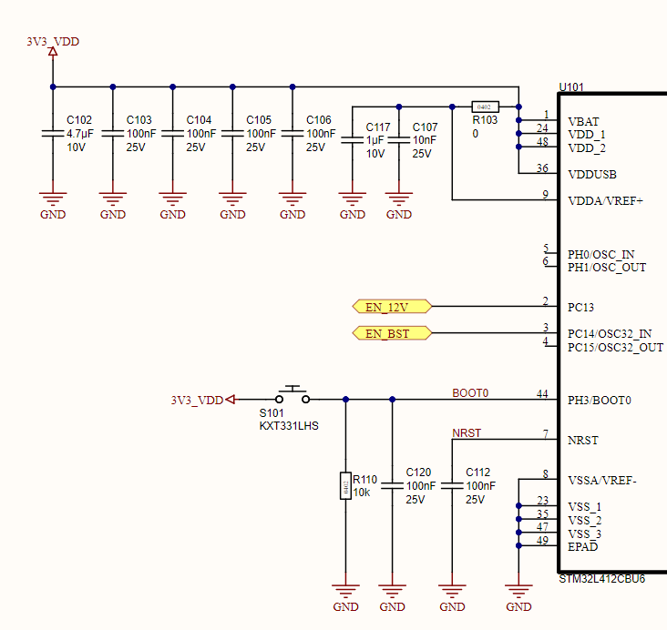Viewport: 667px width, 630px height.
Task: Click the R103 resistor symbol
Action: (485, 107)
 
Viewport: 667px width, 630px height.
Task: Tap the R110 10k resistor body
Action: (345, 485)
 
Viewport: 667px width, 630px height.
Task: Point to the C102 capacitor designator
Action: (79, 120)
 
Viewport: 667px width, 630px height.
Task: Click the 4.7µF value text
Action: (80, 134)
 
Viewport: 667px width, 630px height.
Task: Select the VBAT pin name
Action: (583, 121)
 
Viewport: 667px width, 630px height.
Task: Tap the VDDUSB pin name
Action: (592, 174)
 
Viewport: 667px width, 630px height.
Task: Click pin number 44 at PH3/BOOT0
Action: (542, 393)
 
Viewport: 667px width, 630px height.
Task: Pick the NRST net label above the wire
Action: (466, 432)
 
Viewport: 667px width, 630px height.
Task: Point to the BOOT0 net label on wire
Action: (470, 393)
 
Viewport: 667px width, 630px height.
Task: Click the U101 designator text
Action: (571, 87)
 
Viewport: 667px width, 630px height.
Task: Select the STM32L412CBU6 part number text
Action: (601, 579)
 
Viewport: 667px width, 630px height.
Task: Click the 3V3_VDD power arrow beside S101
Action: (231, 399)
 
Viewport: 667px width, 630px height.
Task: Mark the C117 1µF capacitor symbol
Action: (352, 140)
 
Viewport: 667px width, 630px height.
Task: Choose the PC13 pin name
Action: (580, 308)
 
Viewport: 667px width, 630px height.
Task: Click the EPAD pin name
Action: (582, 546)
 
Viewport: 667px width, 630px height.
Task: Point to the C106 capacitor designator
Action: (319, 120)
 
